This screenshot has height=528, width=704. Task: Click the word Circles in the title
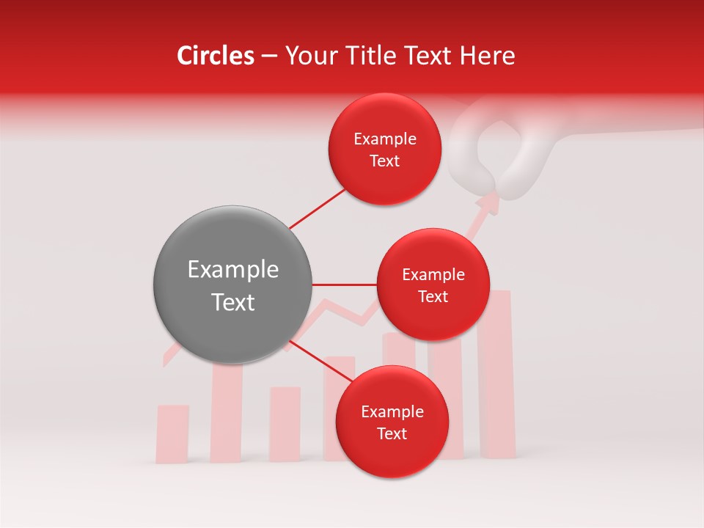pyautogui.click(x=215, y=56)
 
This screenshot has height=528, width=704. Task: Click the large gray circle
pyautogui.click(x=232, y=285)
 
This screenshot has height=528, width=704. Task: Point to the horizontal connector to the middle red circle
pyautogui.click(x=345, y=285)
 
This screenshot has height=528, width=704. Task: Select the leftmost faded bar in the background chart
pyautogui.click(x=172, y=433)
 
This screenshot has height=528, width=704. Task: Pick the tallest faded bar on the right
pyautogui.click(x=496, y=374)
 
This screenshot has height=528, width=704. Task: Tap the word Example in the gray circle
pyautogui.click(x=232, y=270)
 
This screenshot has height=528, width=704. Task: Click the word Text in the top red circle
pyautogui.click(x=384, y=161)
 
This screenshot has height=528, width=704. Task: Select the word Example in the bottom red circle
pyautogui.click(x=392, y=412)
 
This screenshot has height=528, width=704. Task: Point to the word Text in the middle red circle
pyautogui.click(x=433, y=297)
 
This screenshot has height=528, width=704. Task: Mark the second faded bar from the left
pyautogui.click(x=227, y=414)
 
